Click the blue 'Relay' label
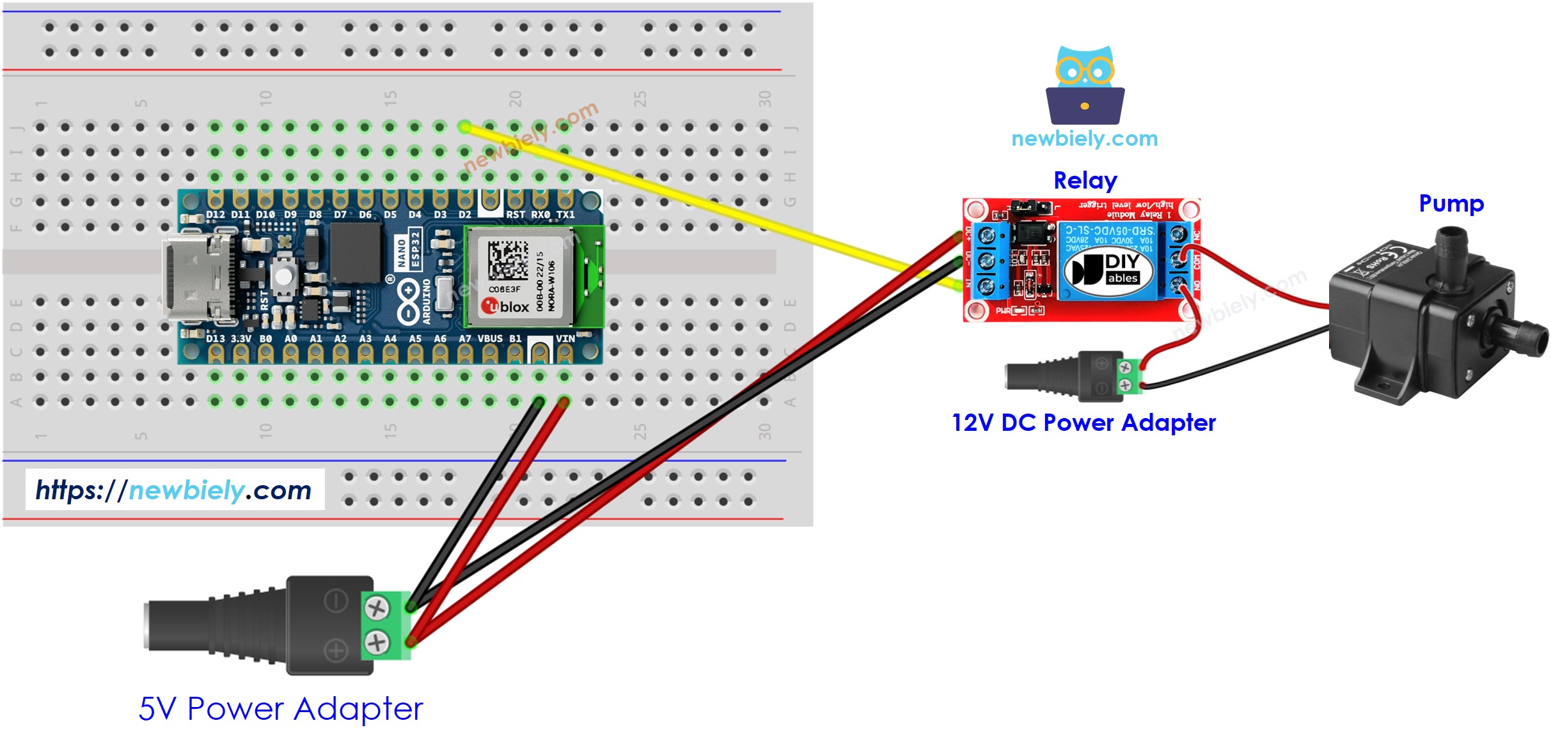coord(1085,181)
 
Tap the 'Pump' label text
coord(1451,204)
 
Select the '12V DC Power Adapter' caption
coord(1083,423)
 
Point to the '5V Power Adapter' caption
coord(281,708)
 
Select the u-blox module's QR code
coord(508,260)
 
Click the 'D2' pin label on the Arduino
coord(464,215)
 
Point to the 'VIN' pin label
coord(565,339)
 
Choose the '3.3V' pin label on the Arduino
coord(240,339)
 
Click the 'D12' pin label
coord(215,215)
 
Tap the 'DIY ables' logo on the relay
coord(1108,269)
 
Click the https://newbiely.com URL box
coord(175,490)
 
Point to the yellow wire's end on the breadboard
coord(465,127)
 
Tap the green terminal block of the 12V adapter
coord(1129,377)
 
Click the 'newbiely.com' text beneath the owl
coord(1084,139)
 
